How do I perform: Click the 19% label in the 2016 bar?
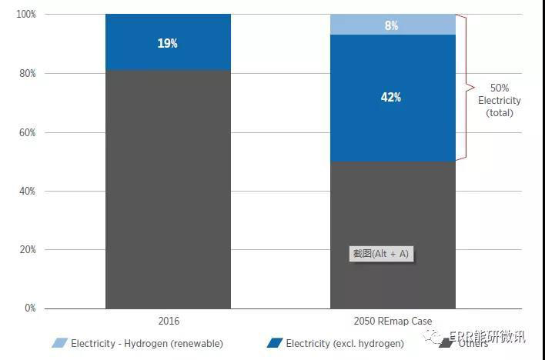click(168, 44)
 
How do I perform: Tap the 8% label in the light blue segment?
click(392, 25)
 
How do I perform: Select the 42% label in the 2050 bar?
click(391, 98)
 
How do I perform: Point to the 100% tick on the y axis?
click(25, 15)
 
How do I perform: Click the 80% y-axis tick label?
click(28, 74)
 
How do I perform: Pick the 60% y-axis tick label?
click(28, 132)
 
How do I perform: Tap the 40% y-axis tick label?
click(28, 191)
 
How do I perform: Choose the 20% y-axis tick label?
click(28, 250)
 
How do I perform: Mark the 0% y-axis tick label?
click(30, 308)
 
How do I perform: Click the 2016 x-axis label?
click(167, 321)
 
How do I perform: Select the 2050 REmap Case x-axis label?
click(392, 321)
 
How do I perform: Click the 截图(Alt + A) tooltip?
click(381, 254)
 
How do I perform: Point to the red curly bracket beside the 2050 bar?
click(464, 87)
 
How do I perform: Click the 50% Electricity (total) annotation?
click(499, 101)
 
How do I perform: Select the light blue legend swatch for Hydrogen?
click(59, 343)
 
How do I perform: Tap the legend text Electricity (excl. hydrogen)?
click(344, 344)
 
